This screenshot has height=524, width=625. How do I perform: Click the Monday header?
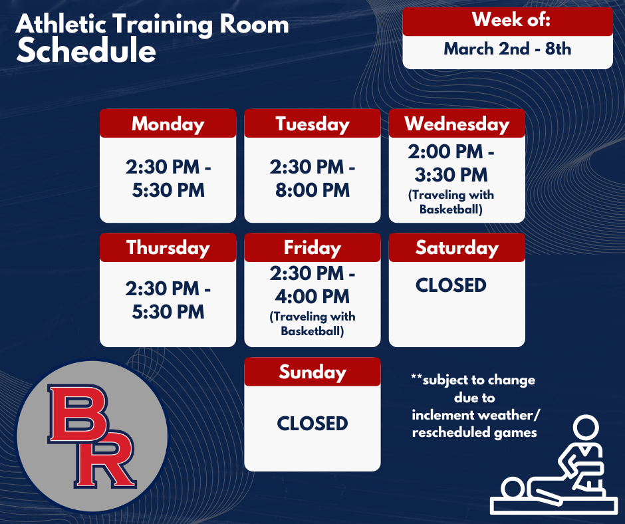[168, 124]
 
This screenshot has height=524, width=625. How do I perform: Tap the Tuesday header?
[312, 124]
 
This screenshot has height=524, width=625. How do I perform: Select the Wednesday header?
[457, 124]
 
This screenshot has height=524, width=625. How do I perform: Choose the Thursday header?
[168, 247]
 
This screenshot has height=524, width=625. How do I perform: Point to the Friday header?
[312, 247]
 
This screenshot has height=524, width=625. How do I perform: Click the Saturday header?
[457, 247]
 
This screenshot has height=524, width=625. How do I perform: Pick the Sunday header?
[312, 372]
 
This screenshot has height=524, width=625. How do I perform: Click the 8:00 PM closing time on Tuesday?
[312, 191]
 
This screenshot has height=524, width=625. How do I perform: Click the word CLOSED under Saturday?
[451, 285]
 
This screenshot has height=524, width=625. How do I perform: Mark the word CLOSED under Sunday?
[312, 424]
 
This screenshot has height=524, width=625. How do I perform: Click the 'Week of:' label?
[511, 20]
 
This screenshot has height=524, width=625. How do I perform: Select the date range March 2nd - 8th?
[507, 49]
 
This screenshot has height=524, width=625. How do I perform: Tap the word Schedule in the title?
[86, 51]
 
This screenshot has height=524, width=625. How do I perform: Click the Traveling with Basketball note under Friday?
[312, 323]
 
